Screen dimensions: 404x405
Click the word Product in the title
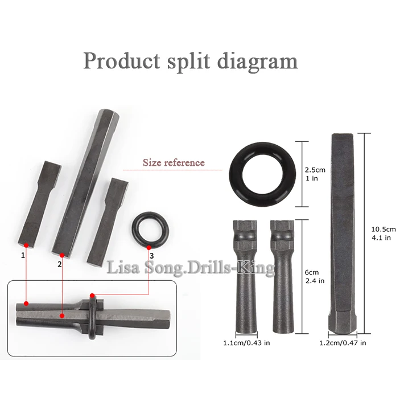pyautogui.click(x=122, y=61)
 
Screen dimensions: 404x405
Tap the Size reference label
pyautogui.click(x=174, y=163)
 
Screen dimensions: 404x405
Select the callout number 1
pyautogui.click(x=23, y=255)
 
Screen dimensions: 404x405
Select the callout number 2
pyautogui.click(x=60, y=264)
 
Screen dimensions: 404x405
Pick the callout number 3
pyautogui.click(x=152, y=256)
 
